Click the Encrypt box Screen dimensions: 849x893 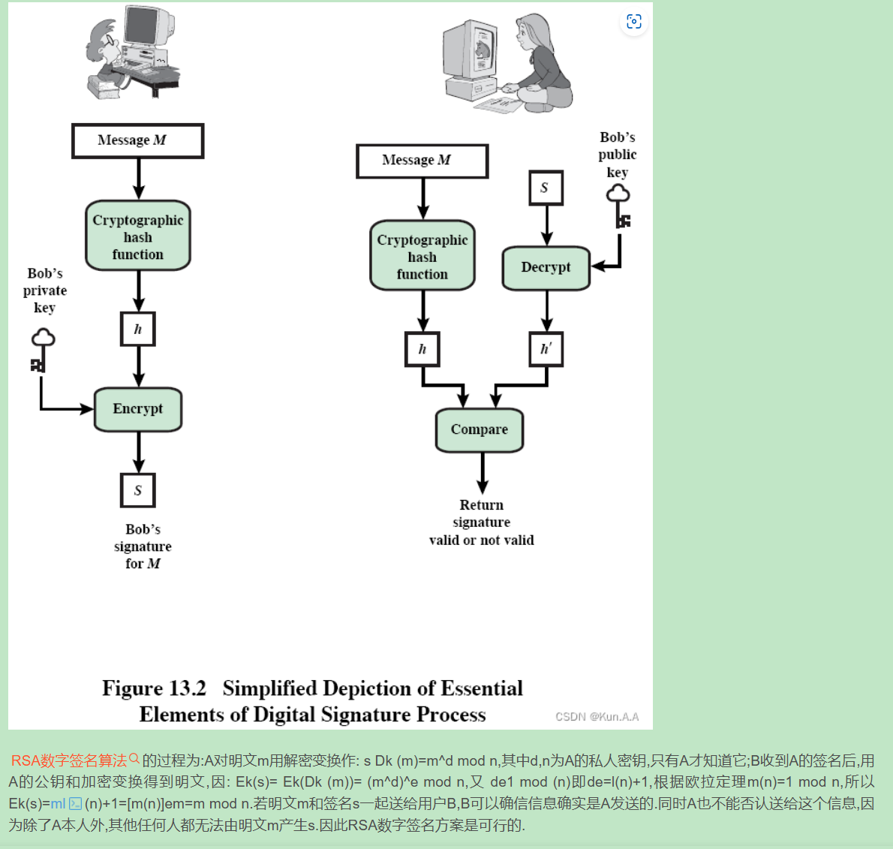(x=138, y=409)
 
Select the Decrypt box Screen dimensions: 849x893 (x=546, y=268)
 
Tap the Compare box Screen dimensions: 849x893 (x=479, y=430)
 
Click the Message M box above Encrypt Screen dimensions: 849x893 (x=137, y=141)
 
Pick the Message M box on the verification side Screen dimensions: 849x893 (x=422, y=161)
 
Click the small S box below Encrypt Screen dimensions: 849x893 (x=138, y=491)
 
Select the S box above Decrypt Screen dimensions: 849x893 (x=546, y=188)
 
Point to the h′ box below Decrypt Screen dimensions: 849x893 (x=546, y=349)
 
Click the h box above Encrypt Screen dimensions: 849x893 (x=138, y=329)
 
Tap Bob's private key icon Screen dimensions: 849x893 (x=41, y=350)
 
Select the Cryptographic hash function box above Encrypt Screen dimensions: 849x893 (x=138, y=236)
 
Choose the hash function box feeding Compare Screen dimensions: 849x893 (x=422, y=256)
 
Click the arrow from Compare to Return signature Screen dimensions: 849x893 (x=482, y=473)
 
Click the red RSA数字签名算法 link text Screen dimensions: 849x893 (x=69, y=760)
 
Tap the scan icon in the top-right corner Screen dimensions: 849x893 (x=634, y=22)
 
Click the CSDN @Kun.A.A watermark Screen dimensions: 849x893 (x=597, y=717)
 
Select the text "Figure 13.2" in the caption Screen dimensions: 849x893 (x=154, y=688)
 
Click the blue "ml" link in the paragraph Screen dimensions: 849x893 (x=58, y=803)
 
